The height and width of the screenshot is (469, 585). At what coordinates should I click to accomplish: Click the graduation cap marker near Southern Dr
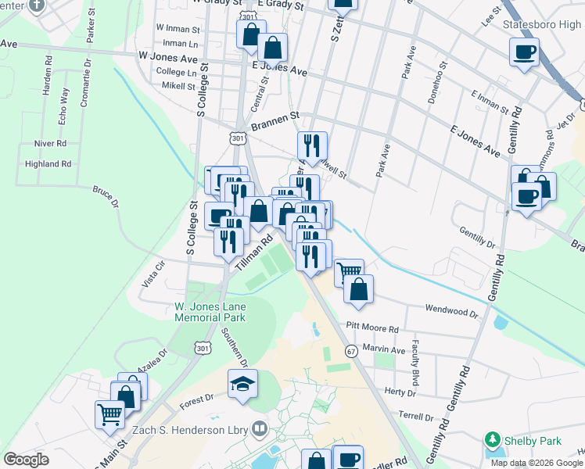click(x=242, y=385)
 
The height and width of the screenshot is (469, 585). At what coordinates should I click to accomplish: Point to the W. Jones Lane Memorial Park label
click(x=210, y=312)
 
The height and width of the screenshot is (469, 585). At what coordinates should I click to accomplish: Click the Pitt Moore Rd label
click(x=372, y=327)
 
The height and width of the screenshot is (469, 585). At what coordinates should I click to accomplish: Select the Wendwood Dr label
click(x=450, y=310)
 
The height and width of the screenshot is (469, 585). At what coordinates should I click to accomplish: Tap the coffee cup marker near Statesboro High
click(x=523, y=52)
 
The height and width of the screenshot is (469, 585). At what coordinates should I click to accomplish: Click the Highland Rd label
click(x=48, y=164)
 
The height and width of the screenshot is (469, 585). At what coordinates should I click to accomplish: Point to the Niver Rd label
click(x=50, y=144)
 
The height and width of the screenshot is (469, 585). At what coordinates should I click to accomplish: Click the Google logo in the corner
click(x=26, y=459)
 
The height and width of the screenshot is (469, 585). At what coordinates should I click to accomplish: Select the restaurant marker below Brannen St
click(x=312, y=144)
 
